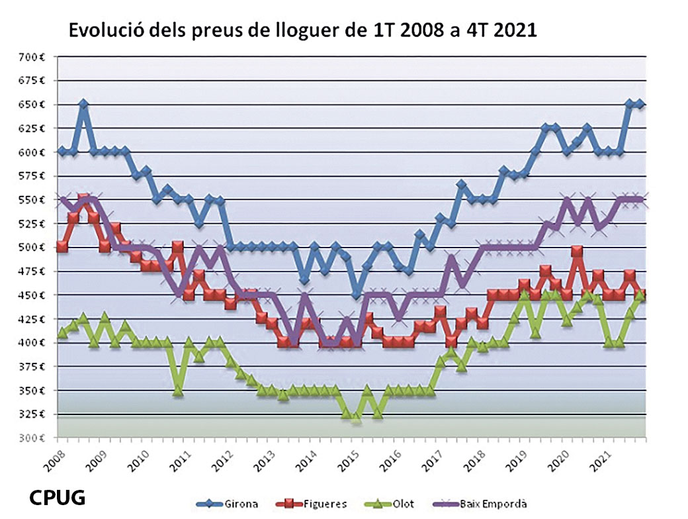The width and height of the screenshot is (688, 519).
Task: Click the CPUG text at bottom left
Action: click(x=57, y=497)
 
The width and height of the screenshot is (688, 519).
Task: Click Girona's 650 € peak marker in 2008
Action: click(x=83, y=105)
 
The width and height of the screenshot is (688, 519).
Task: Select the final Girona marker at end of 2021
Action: click(x=640, y=105)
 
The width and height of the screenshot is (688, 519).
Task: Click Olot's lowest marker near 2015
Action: click(x=357, y=418)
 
